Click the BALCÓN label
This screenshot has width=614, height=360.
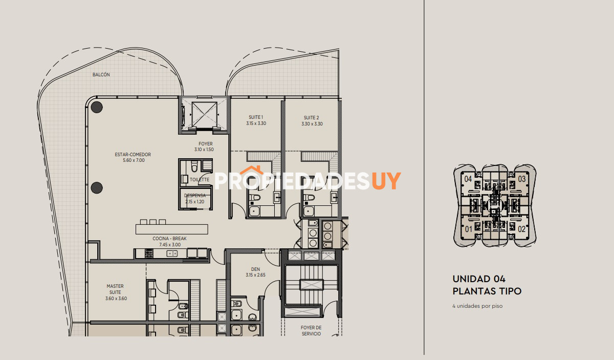point(101,75)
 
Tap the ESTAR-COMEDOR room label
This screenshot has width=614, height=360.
point(133,155)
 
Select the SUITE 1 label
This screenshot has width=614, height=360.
point(256,117)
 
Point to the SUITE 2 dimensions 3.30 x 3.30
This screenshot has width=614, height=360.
point(312,124)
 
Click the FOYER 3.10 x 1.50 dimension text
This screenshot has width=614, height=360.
point(204,150)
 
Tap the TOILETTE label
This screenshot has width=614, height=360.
point(200,180)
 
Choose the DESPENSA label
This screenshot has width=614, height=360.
point(195,196)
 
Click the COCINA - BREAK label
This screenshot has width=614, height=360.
point(170,239)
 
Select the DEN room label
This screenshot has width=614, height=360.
point(255,269)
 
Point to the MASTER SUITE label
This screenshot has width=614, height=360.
point(115,289)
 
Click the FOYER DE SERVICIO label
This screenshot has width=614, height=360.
point(311,331)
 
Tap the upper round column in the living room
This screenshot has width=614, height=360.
point(97,107)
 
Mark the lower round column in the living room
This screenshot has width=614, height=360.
point(97,188)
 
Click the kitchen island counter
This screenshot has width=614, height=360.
point(171,229)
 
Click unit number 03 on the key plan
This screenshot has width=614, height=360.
point(521,179)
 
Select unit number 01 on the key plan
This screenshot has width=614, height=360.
point(469,229)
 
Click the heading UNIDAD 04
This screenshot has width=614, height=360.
point(479,279)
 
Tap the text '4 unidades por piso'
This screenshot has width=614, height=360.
point(477,306)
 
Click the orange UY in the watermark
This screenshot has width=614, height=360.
point(386,181)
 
